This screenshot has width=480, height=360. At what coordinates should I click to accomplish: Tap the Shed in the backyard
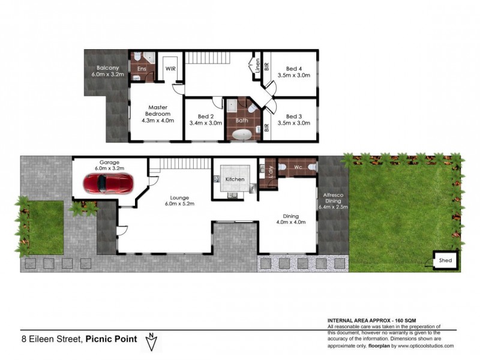tap(446, 260)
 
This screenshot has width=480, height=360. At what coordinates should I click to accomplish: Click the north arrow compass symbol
tap(152, 342)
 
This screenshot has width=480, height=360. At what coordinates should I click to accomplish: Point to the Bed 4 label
tap(294, 69)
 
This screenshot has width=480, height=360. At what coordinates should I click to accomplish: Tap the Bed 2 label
tap(206, 116)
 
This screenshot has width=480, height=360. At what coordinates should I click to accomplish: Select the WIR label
tap(170, 69)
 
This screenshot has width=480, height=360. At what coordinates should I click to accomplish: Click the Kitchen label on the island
tap(234, 179)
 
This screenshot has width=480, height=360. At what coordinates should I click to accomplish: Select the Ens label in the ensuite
tap(142, 69)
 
